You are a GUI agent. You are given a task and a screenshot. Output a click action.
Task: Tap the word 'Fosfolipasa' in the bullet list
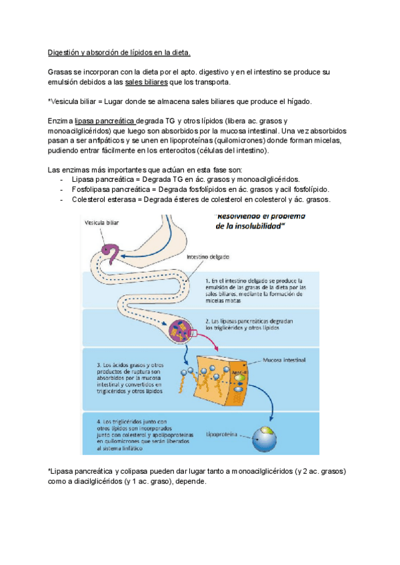point(93,189)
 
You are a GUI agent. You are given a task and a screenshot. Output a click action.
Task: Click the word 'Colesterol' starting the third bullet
point(91,199)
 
